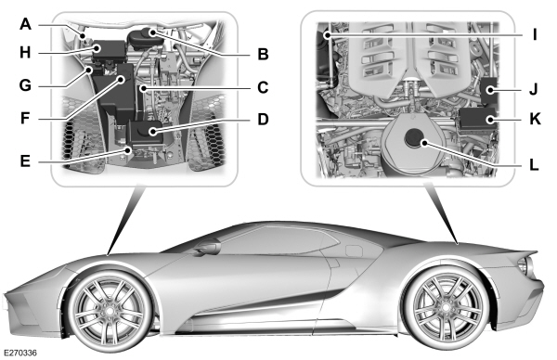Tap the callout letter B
click(263, 54)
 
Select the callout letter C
click(263, 88)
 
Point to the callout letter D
click(263, 120)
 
